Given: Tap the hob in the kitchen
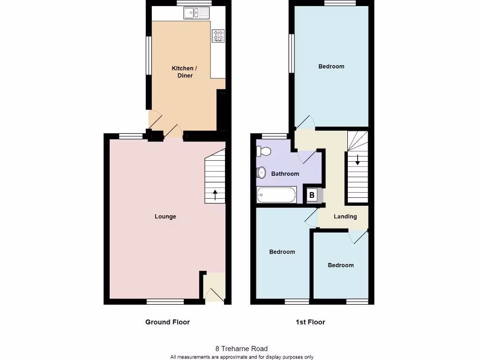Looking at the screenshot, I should pyautogui.click(x=218, y=36).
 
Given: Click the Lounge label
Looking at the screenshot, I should pyautogui.click(x=165, y=217).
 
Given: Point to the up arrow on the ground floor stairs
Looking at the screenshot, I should pyautogui.click(x=215, y=194).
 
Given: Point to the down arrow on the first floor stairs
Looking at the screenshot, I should pyautogui.click(x=357, y=159).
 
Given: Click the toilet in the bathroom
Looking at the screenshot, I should pyautogui.click(x=264, y=151).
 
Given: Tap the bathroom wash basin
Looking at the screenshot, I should pyautogui.click(x=262, y=172).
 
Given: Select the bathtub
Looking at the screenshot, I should pyautogui.click(x=277, y=195).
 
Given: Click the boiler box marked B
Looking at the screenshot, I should pyautogui.click(x=312, y=195).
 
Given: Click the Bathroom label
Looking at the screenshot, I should pyautogui.click(x=285, y=174).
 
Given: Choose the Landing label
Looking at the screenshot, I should pyautogui.click(x=345, y=217).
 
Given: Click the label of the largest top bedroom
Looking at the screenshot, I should pyautogui.click(x=331, y=67).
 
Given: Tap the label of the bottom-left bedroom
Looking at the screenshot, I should pyautogui.click(x=282, y=252).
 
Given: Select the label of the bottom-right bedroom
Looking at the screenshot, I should pyautogui.click(x=341, y=265).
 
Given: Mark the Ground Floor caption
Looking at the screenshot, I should pyautogui.click(x=167, y=322).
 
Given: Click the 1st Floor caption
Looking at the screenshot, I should pyautogui.click(x=310, y=322).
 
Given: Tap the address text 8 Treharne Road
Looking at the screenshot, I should pyautogui.click(x=241, y=349).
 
